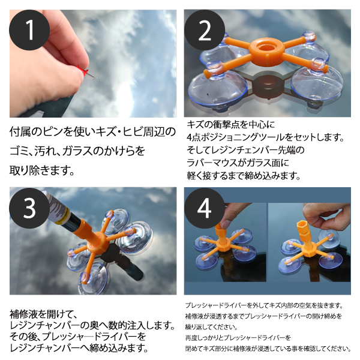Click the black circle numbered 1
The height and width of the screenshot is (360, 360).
(29, 30)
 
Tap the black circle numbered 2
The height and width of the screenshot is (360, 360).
(205, 30)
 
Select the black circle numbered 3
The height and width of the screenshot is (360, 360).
(29, 208)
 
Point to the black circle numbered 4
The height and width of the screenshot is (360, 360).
(205, 208)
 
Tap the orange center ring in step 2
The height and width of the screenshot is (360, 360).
(266, 48)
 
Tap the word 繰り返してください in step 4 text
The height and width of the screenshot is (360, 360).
(211, 327)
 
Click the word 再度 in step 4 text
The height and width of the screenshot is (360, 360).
(191, 337)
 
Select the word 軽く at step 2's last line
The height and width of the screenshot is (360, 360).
(194, 176)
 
